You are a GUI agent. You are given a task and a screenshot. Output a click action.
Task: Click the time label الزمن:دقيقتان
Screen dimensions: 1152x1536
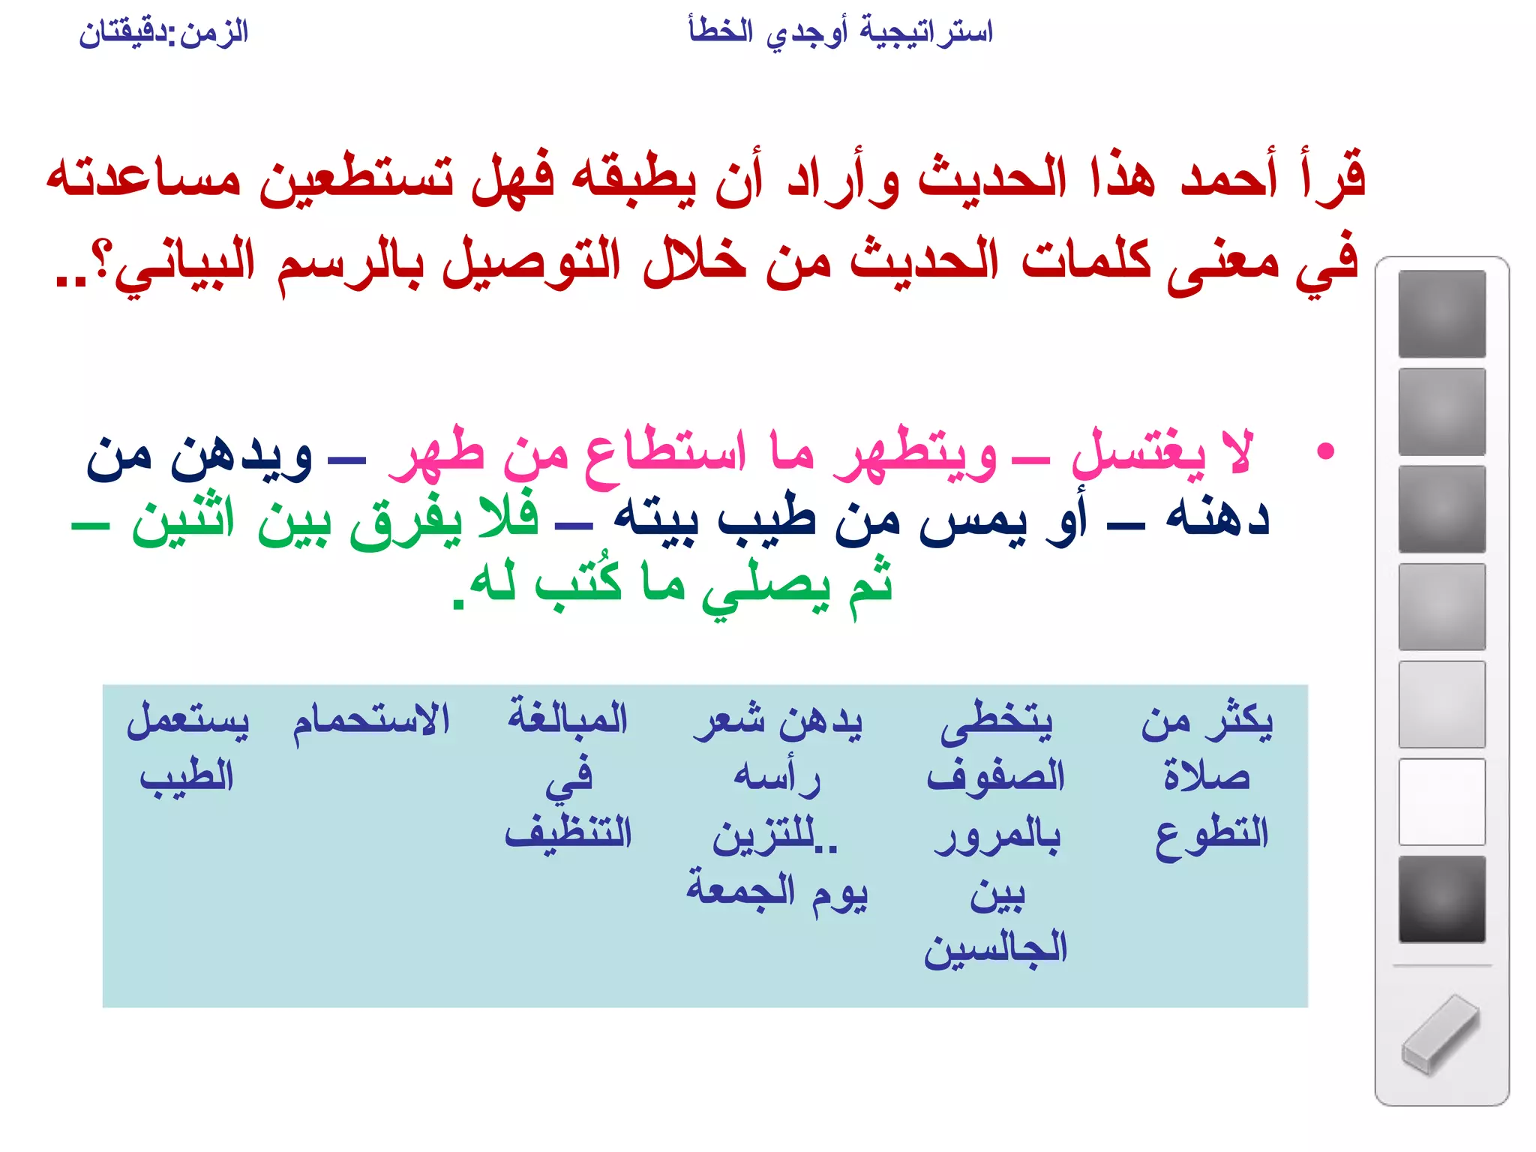point(163,33)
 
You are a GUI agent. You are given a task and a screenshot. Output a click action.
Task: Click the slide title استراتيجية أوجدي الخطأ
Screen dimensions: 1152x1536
point(840,33)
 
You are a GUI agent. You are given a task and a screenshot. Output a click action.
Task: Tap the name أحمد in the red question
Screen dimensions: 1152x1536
point(1228,177)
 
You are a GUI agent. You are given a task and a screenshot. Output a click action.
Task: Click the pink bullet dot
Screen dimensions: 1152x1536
point(1325,451)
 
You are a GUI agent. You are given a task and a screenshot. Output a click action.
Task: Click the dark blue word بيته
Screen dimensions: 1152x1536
point(656,518)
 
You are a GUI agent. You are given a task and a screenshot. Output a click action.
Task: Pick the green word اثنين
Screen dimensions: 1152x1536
point(184,518)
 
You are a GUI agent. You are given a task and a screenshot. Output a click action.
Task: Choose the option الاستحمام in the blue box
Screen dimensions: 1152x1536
point(370,721)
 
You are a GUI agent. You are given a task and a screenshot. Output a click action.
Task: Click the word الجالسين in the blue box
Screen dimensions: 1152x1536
point(995,949)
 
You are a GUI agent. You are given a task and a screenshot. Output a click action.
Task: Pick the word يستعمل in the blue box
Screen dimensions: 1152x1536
point(187,721)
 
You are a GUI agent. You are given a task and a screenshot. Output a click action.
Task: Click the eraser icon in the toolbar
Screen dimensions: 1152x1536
point(1440,1034)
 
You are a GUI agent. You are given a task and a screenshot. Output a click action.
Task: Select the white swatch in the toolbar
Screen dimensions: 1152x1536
point(1441,802)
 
